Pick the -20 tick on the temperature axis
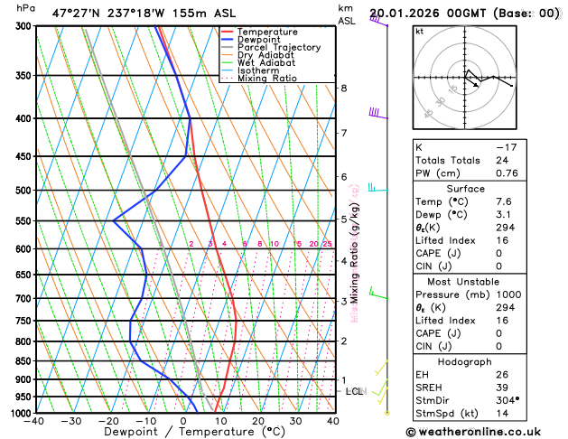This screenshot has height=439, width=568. click(x=108, y=421)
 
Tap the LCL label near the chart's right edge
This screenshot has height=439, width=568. click(x=354, y=391)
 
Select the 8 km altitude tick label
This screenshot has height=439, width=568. click(x=344, y=88)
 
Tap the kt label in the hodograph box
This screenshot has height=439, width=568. click(x=419, y=31)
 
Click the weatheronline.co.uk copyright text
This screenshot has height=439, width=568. click(x=484, y=431)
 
